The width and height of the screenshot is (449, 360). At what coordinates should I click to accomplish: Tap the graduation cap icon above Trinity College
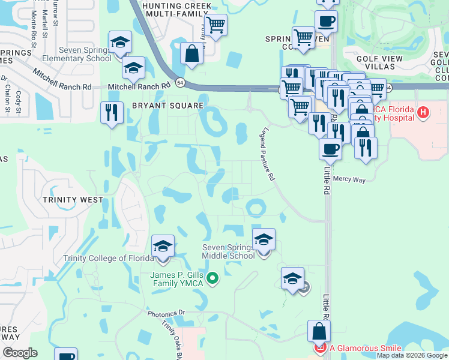pos(163,246)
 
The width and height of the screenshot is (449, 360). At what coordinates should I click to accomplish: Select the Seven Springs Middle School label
pos(228,251)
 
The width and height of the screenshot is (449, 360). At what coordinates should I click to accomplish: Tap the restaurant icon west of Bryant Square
pos(111,112)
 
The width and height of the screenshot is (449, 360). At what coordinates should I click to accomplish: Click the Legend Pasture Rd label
pos(268,154)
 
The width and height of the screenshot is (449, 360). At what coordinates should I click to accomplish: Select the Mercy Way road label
pos(349,178)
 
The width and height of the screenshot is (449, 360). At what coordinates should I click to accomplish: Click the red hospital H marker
pos(424,112)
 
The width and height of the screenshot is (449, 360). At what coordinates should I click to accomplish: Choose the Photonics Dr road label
pos(167,313)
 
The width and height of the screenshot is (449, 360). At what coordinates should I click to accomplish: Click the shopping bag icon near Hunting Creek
pos(191,53)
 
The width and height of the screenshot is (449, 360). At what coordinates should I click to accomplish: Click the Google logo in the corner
pos(20,353)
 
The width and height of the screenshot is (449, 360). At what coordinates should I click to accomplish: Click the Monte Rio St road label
pos(34,24)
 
